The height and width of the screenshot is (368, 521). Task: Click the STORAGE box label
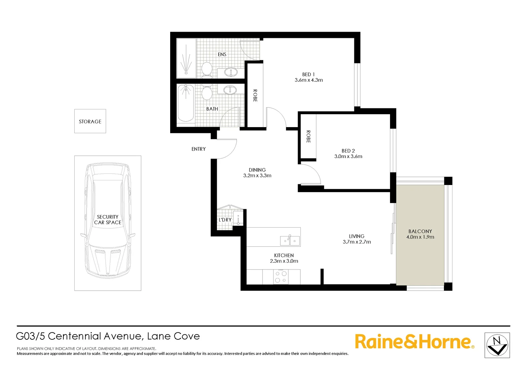90,121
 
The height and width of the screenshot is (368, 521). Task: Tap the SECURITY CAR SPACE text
108,219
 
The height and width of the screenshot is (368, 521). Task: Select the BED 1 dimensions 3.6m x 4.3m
309,80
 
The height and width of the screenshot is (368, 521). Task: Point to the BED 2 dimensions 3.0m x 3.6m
348,156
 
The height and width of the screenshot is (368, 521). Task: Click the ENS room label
222,54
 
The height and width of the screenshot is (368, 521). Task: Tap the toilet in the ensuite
206,69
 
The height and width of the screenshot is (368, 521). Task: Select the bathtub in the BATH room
186,103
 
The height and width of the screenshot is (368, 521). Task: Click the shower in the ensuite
186,58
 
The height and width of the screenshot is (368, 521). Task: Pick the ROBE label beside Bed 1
255,96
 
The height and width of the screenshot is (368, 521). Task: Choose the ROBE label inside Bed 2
308,137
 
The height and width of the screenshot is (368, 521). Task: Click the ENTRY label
198,149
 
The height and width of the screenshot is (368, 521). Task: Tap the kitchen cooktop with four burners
281,277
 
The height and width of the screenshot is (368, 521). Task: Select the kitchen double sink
290,241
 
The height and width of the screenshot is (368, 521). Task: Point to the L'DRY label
225,220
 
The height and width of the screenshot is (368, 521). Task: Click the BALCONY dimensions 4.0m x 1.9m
420,237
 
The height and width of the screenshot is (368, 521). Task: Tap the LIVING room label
357,236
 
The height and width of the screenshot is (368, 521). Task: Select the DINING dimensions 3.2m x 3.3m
257,175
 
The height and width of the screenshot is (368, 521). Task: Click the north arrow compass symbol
497,345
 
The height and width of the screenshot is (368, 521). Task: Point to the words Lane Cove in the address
173,336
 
